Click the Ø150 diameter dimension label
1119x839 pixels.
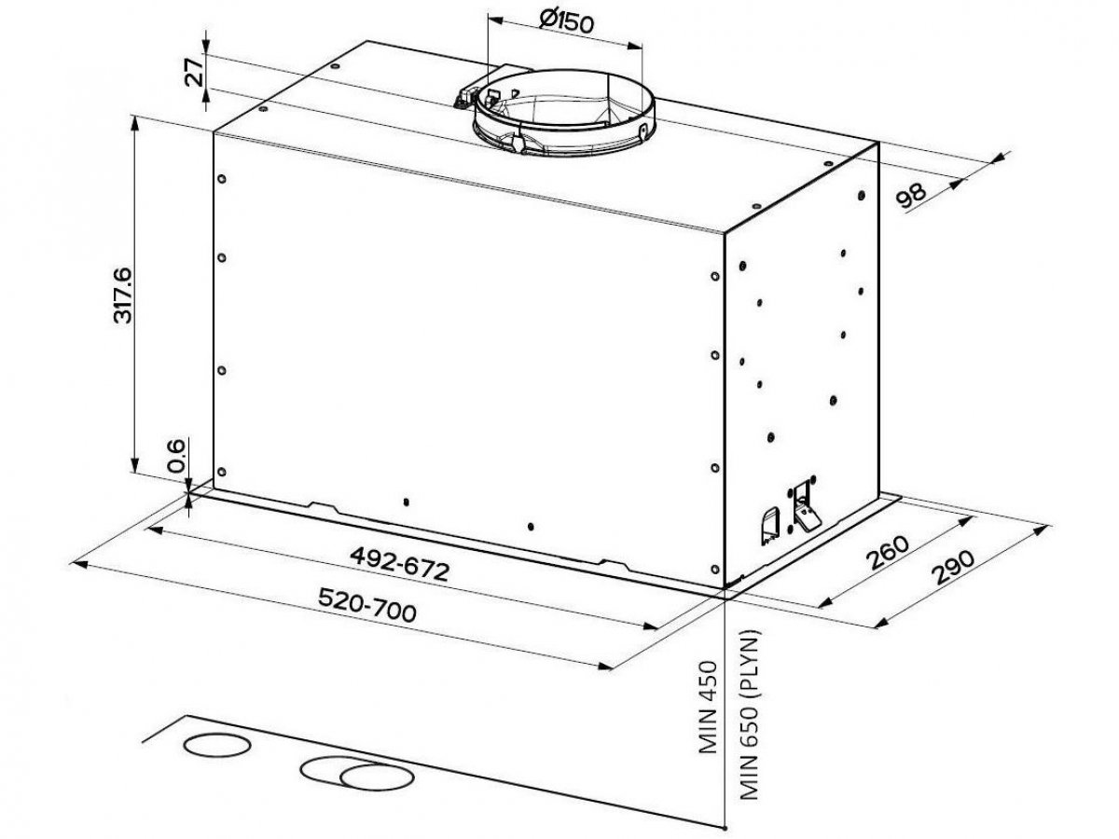pos(566,22)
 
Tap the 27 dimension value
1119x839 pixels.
pos(194,73)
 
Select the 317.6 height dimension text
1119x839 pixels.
pos(122,295)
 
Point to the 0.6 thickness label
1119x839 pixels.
pos(176,456)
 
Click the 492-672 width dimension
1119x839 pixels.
pos(399,564)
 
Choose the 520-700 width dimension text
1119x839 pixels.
pos(367,605)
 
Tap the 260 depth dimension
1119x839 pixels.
pos(889,552)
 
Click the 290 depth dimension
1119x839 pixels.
pos(952,567)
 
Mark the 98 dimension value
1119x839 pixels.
pos(911,196)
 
